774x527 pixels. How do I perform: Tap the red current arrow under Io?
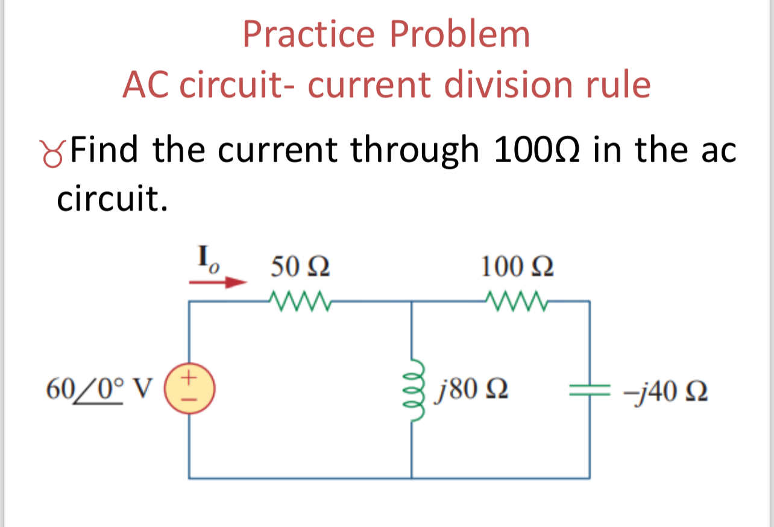218,282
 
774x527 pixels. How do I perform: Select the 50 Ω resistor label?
299,266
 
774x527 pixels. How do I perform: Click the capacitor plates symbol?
589,390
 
